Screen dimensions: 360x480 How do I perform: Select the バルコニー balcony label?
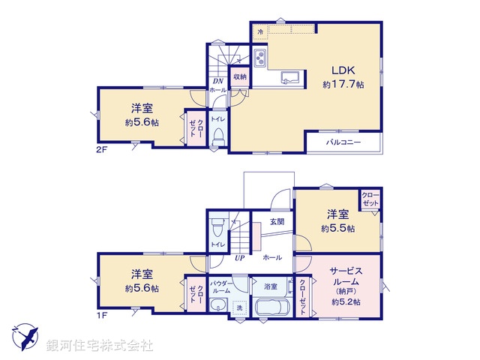click(343, 142)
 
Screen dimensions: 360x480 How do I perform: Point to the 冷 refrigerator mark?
click(260, 32)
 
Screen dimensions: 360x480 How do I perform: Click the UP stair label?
click(241, 257)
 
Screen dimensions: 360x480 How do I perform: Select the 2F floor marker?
click(103, 149)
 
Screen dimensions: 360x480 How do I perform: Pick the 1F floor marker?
click(103, 316)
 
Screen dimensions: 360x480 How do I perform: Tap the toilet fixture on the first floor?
click(217, 223)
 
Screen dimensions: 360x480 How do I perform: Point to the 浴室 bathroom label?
click(271, 286)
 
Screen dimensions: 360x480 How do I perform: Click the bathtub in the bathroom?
click(271, 307)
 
